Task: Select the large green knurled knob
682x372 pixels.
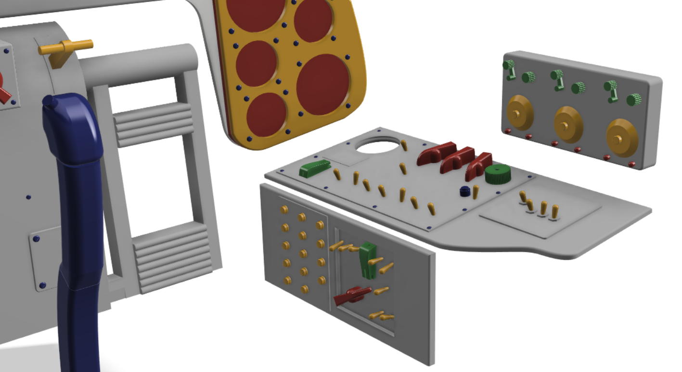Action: point(498,174)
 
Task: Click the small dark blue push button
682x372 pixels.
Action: point(464,191)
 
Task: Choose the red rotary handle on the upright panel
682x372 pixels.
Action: point(353,295)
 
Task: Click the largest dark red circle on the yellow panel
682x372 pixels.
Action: point(322,84)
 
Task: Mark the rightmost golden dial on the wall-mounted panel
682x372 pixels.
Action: point(622,138)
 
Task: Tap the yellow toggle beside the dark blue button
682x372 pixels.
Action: point(476,192)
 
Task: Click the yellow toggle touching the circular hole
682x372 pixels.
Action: point(404,145)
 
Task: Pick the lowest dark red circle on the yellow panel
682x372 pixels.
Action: point(266,114)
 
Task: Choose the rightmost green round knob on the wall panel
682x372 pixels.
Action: point(633,100)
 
